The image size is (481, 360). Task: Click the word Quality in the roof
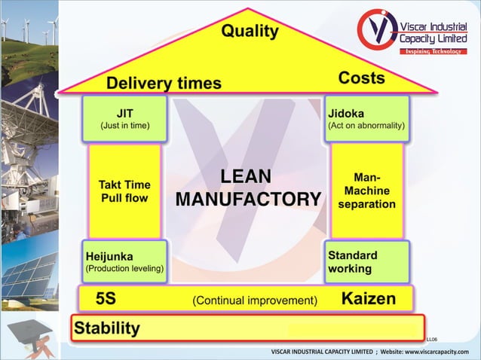coord(250,31)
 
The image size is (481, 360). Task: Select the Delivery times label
coord(164,82)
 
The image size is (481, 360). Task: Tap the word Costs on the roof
coord(361,78)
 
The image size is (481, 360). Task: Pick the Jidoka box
coord(366,119)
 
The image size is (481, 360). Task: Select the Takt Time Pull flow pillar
coord(124,191)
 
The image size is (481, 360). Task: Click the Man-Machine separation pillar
coord(366,191)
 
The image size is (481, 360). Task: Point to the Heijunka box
coord(124,261)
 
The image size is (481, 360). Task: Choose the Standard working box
coord(366,261)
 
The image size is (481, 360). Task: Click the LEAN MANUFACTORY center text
coord(248,188)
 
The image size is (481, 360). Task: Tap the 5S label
coord(106,299)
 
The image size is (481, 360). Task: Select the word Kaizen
coord(368,299)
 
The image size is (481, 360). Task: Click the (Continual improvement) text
coord(255,301)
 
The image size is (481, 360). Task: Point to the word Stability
coord(106,328)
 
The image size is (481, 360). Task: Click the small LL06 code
coord(431,340)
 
